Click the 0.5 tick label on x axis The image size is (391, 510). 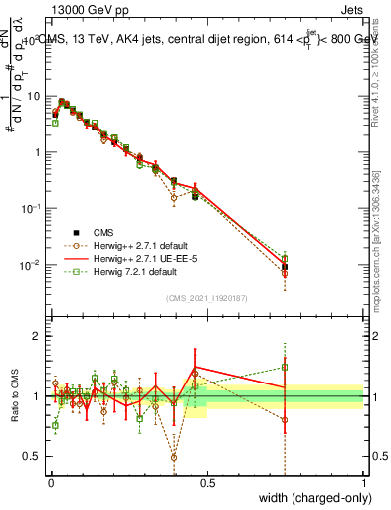tap(206, 483)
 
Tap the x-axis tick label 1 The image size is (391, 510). tap(363, 483)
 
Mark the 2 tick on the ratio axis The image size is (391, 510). tap(38, 336)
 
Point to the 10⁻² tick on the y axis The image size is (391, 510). tap(31, 265)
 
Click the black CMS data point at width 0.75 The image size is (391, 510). tap(285, 267)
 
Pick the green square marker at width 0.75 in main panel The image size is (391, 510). tap(285, 259)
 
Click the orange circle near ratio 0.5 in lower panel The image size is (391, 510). tap(174, 458)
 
